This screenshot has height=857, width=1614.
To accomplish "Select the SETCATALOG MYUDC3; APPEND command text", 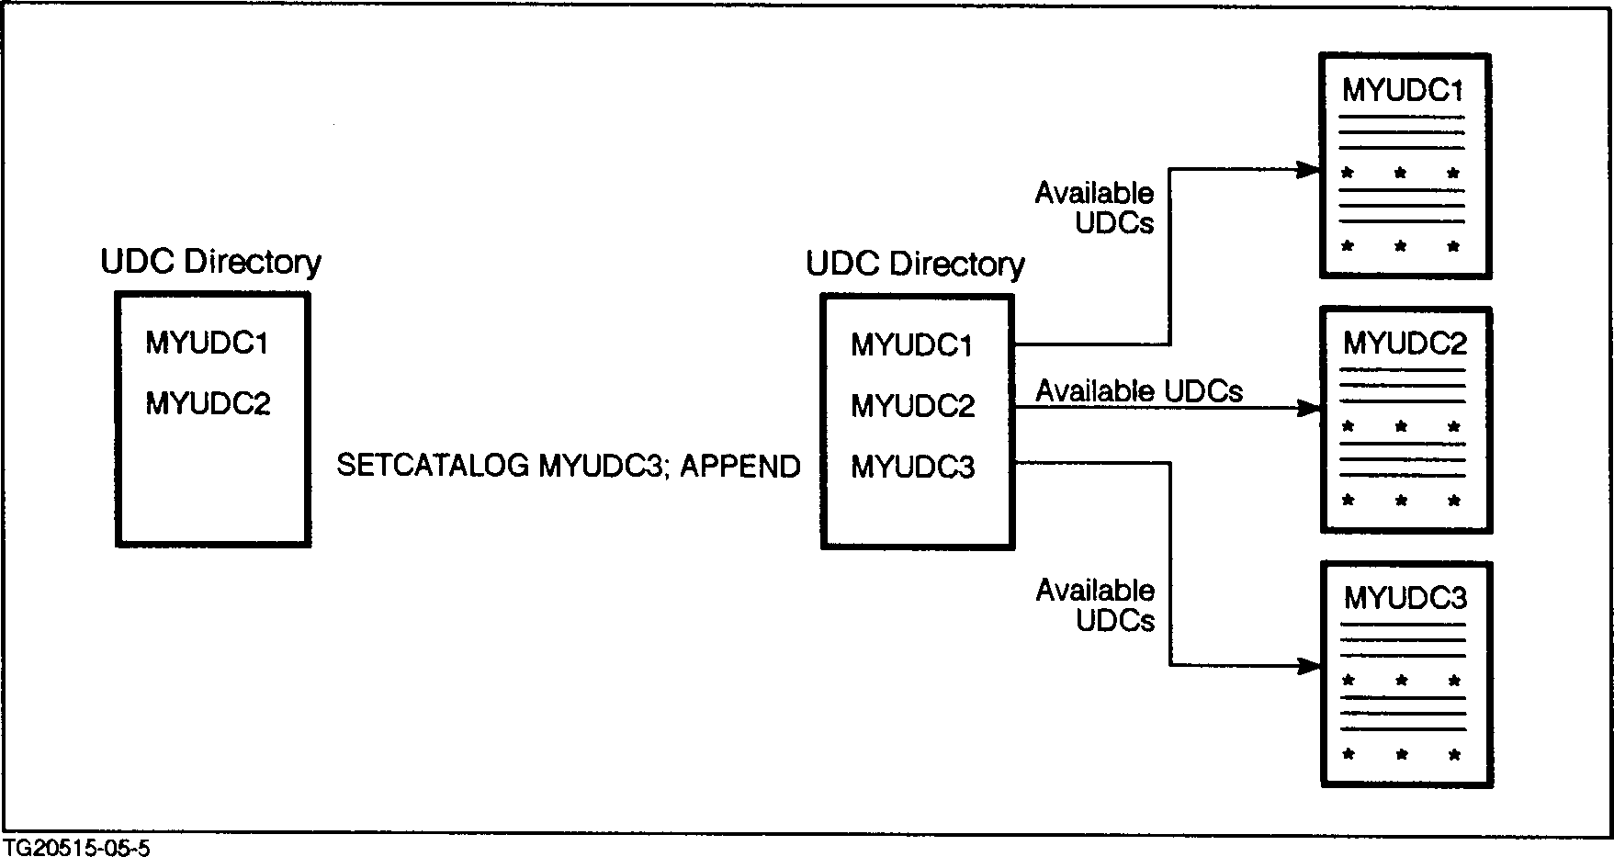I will pyautogui.click(x=568, y=466).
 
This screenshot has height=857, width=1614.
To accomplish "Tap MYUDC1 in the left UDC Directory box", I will pyautogui.click(x=207, y=344).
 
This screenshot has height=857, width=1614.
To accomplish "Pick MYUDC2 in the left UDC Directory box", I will pyautogui.click(x=208, y=403).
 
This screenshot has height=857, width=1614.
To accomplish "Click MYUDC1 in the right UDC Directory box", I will pyautogui.click(x=912, y=345).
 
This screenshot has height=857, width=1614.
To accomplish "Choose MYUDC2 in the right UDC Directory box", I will pyautogui.click(x=912, y=405).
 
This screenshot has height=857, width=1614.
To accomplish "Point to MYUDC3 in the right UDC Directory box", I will pyautogui.click(x=912, y=468).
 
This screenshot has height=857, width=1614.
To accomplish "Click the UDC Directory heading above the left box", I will pyautogui.click(x=210, y=263).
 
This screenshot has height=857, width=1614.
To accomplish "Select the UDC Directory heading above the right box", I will pyautogui.click(x=915, y=265).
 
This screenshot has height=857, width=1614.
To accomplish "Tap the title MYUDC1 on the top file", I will pyautogui.click(x=1402, y=90).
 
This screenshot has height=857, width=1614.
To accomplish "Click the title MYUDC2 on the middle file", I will pyautogui.click(x=1405, y=344).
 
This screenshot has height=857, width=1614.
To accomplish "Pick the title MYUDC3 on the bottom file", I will pyautogui.click(x=1405, y=599).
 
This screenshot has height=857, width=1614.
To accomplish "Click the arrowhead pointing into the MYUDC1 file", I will pyautogui.click(x=1308, y=170).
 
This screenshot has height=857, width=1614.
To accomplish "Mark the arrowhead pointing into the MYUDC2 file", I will pyautogui.click(x=1308, y=408).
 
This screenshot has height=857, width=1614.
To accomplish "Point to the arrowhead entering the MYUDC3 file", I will pyautogui.click(x=1308, y=665).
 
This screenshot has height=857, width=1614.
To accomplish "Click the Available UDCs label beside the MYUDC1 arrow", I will pyautogui.click(x=1094, y=208).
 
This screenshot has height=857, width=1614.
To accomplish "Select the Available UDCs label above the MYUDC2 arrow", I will pyautogui.click(x=1139, y=391).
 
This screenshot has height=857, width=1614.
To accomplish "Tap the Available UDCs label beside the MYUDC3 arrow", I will pyautogui.click(x=1095, y=605).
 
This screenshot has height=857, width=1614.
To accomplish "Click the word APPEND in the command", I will pyautogui.click(x=739, y=466).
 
